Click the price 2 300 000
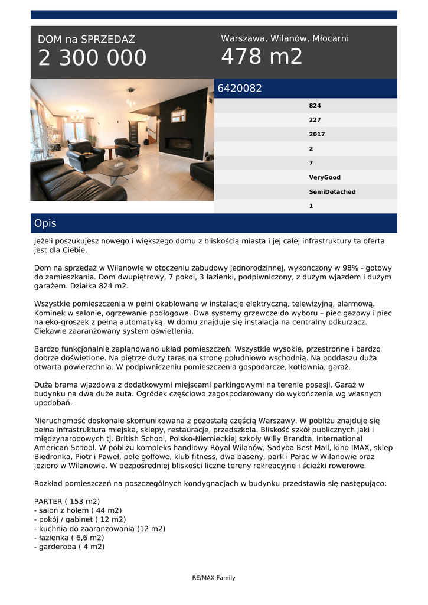pos(92,58)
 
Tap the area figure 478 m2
pos(262,57)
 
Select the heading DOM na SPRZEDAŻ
pos(86,40)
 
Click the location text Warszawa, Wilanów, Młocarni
pos(285,38)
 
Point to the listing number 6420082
pos(240,89)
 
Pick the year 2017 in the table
pos(316,134)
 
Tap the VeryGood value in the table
pos(325,177)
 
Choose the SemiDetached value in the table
pos(332,191)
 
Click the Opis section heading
pos(45,223)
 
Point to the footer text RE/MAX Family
pos(214,578)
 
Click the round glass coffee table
pos(117,167)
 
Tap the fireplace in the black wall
pos(178,144)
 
